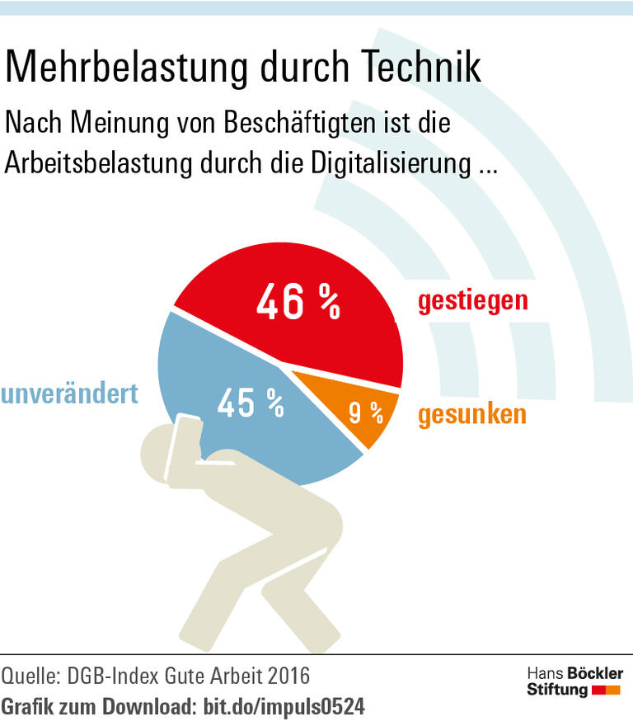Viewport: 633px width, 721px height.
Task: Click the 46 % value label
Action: click(298, 303)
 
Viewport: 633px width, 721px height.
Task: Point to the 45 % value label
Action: click(251, 403)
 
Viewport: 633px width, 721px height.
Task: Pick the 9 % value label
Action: click(366, 413)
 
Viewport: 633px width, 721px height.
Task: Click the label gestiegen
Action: click(472, 300)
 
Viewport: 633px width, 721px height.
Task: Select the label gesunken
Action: click(471, 414)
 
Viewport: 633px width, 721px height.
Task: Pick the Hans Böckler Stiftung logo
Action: click(574, 681)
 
